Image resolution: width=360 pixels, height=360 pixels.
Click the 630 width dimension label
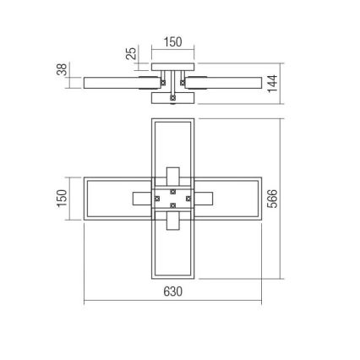tap(172, 292)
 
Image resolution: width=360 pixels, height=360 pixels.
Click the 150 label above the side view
tap(172, 40)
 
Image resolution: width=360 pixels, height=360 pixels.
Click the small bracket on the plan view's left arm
tap(141, 198)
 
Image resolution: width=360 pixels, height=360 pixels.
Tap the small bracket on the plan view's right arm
tap(204, 198)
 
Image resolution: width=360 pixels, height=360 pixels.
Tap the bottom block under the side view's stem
tap(172, 98)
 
